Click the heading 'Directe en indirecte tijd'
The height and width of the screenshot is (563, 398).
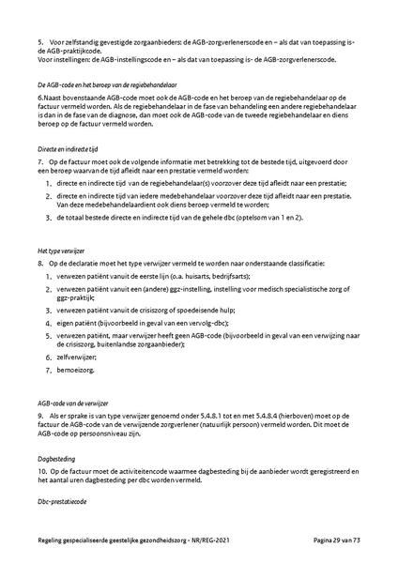[59, 148]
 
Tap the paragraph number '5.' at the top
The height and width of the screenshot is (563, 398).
[29, 42]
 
